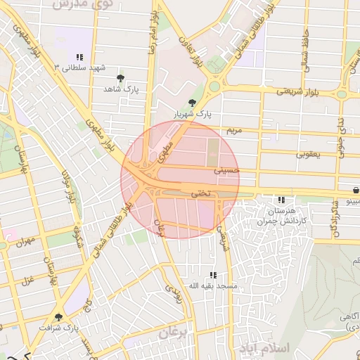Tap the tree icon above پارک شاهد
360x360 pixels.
121,77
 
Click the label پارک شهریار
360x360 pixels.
193,113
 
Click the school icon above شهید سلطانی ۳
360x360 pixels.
80,56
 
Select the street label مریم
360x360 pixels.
233,131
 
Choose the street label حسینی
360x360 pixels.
226,169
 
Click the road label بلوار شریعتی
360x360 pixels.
294,91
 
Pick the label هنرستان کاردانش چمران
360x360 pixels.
281,215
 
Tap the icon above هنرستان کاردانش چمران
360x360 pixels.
282,200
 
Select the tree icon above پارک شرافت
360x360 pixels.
58,317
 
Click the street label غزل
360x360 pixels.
28,281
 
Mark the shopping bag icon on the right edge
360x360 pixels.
355,191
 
